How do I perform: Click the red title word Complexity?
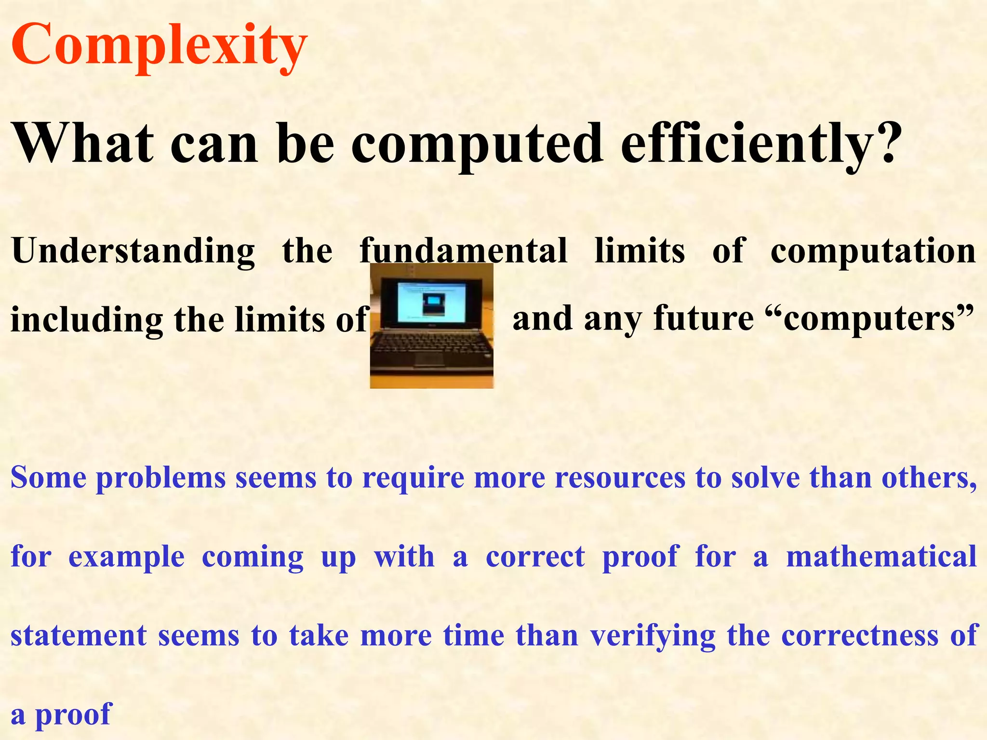[159, 46]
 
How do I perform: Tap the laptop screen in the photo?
[431, 304]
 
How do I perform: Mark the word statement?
[79, 635]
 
